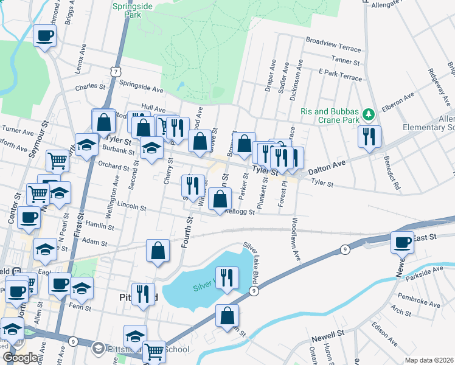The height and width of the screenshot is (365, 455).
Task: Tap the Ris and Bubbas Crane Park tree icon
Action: (367, 114)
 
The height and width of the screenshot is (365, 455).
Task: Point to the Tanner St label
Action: (347, 60)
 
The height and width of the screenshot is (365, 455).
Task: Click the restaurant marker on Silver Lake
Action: (227, 279)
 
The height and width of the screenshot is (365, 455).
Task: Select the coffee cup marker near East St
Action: (402, 242)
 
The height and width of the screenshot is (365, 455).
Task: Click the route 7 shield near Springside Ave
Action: (115, 72)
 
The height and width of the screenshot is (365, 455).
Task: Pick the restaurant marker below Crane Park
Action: (369, 136)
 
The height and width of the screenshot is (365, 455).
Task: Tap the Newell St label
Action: (328, 335)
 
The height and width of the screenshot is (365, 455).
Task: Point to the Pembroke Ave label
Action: (419, 299)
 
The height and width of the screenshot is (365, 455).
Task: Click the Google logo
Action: (20, 358)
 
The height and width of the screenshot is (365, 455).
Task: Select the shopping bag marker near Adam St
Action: (158, 251)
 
